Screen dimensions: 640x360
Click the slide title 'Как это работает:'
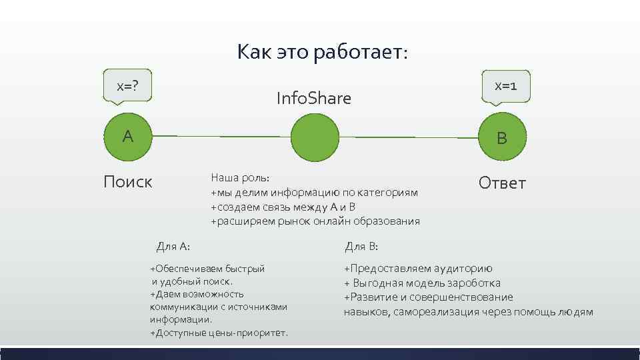click(x=321, y=52)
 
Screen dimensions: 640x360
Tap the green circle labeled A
click(x=128, y=137)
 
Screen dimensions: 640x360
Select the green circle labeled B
click(x=501, y=137)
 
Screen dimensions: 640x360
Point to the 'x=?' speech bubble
click(x=127, y=86)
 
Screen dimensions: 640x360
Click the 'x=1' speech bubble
click(x=506, y=86)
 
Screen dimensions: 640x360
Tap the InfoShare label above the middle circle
click(x=313, y=99)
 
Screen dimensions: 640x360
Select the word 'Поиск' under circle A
click(x=128, y=181)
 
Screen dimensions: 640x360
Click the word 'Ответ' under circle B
click(x=502, y=183)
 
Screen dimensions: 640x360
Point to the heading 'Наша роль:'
click(x=241, y=178)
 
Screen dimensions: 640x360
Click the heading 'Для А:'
click(x=173, y=247)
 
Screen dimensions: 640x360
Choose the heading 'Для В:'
click(x=361, y=247)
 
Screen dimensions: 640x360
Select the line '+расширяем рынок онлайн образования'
click(x=315, y=221)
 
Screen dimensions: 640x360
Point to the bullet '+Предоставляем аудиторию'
click(x=418, y=269)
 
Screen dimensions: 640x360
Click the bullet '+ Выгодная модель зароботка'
click(x=422, y=283)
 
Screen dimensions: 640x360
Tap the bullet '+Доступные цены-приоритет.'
click(x=219, y=332)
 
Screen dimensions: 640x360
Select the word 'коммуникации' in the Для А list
click(x=181, y=307)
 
